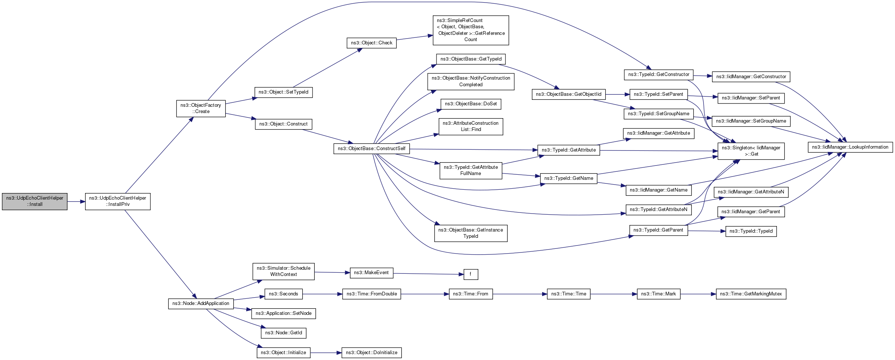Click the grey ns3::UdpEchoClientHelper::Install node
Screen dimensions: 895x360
34,201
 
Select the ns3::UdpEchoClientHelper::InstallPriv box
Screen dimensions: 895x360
118,201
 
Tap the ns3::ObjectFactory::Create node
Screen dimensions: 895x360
201,108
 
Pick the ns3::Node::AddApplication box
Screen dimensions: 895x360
201,303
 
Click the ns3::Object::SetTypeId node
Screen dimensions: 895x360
284,92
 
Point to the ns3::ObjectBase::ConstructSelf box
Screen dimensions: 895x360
372,149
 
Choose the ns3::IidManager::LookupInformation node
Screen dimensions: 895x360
850,147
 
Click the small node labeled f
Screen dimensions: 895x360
471,274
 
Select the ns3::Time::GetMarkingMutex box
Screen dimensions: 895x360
751,294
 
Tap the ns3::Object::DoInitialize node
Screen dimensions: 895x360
372,353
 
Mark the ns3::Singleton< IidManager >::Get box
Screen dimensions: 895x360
751,151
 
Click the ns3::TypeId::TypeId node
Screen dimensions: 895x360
751,231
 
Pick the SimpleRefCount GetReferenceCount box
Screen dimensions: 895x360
471,30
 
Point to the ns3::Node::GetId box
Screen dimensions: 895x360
284,333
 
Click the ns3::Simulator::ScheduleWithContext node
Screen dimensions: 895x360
284,271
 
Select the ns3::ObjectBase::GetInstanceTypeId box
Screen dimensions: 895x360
471,233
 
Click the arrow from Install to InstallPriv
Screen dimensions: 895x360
76,201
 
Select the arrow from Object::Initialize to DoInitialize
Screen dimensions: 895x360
326,353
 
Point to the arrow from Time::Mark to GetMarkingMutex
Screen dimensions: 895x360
698,294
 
